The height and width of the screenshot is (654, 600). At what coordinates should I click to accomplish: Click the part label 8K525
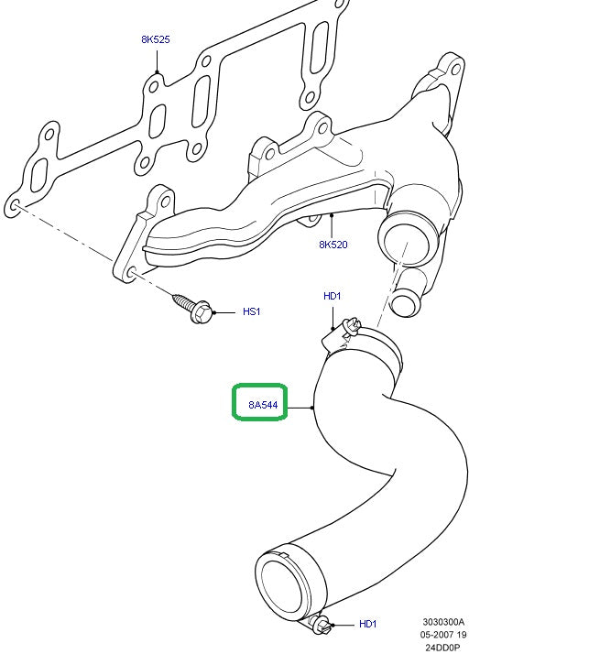(156, 39)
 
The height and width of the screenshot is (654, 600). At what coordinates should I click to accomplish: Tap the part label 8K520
(333, 245)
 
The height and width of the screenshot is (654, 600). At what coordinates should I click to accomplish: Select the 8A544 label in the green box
(263, 404)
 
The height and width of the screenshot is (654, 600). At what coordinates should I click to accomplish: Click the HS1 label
(251, 311)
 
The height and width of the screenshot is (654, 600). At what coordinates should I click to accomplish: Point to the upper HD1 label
(332, 296)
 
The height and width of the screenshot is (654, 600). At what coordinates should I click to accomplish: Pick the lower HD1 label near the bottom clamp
(367, 624)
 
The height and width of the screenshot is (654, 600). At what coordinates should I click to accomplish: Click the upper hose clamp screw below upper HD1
(344, 328)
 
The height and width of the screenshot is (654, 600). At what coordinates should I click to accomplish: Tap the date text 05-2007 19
(444, 634)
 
